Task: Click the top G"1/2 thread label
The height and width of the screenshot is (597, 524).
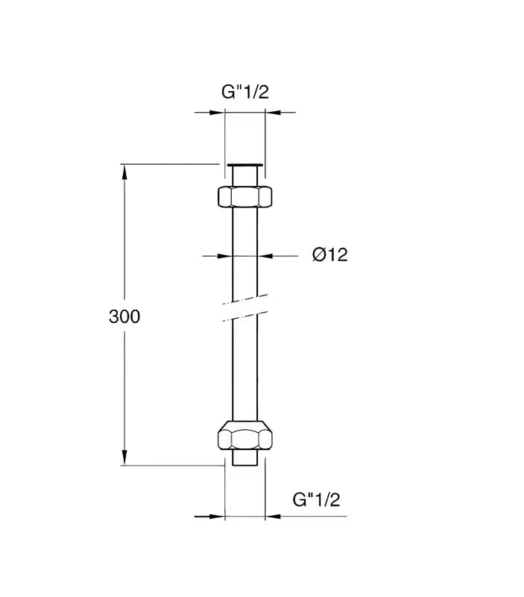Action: coord(245,92)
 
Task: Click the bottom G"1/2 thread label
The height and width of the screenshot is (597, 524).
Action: coord(316,499)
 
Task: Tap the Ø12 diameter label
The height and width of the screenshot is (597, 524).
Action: coord(329,254)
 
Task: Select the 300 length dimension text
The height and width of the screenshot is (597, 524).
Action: coord(124,316)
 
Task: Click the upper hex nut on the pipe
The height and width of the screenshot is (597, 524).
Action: coord(245,196)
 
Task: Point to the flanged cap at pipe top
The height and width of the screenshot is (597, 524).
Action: coord(245,165)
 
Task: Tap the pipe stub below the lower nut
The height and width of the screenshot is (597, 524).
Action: coord(245,457)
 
